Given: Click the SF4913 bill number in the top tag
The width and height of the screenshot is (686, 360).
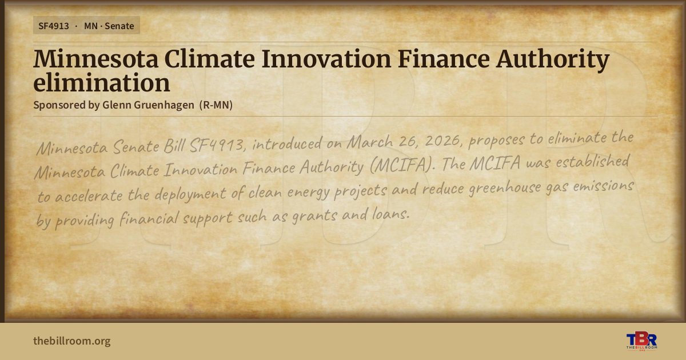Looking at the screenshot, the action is (54, 26).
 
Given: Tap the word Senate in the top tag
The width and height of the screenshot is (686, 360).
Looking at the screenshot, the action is (119, 26).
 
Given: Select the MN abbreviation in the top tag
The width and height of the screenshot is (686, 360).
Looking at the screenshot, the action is (91, 26).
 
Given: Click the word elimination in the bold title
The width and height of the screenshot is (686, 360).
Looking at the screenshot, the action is (101, 83).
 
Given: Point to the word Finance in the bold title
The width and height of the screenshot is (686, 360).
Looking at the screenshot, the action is (444, 58).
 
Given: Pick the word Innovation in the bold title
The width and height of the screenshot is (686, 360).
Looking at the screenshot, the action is (326, 58).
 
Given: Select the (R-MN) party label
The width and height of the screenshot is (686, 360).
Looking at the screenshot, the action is (216, 105).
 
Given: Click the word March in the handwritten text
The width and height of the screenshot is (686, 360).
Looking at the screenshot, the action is (369, 142).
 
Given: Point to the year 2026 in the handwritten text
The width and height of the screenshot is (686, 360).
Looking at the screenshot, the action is (443, 141).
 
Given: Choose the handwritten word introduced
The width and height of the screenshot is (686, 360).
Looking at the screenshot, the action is (287, 143).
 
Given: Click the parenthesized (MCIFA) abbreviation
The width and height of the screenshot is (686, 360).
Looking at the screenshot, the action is (402, 165).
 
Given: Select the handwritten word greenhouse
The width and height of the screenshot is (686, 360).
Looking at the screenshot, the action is (504, 187).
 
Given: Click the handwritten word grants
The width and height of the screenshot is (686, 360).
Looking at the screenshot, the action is (314, 216).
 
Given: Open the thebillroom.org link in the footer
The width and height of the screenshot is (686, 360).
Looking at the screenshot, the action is (72, 341).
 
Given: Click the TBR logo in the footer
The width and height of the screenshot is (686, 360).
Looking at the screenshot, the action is (641, 341).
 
